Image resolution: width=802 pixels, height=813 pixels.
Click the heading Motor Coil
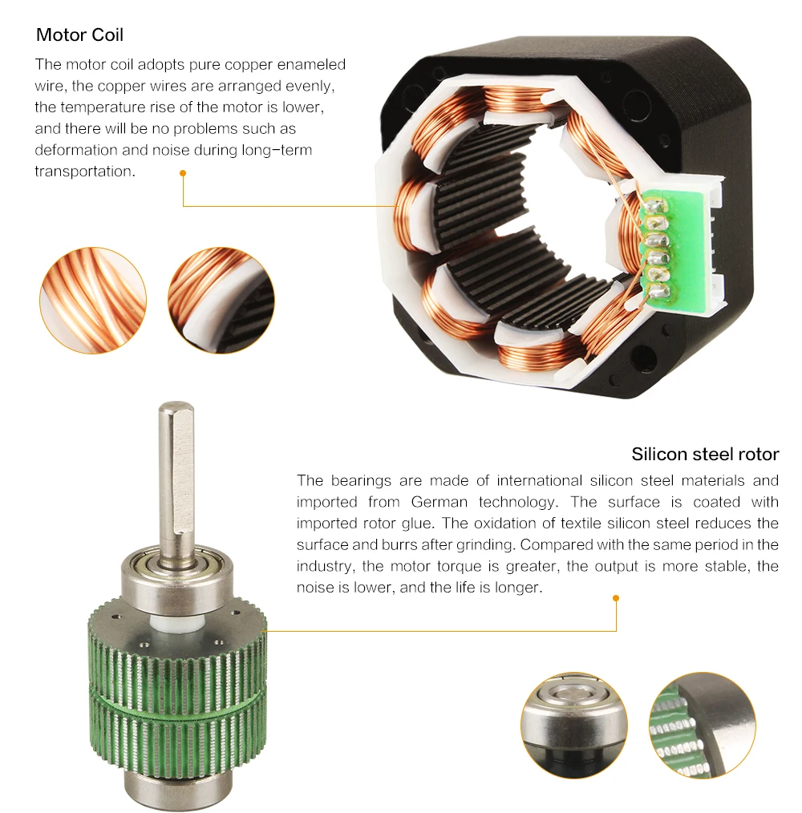tap(80, 34)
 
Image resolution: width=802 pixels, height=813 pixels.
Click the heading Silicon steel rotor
tap(705, 454)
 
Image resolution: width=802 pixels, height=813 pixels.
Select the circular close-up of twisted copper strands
tap(93, 301)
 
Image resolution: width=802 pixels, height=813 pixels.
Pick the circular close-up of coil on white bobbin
tap(221, 301)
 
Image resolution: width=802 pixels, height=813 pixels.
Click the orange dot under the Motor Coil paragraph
tap(183, 173)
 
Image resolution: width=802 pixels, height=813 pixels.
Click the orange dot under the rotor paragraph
tap(616, 598)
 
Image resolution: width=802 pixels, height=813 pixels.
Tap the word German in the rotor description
tap(439, 502)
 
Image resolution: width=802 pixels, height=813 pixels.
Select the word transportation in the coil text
tap(85, 171)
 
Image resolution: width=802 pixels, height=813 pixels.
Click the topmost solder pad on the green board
tap(654, 206)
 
